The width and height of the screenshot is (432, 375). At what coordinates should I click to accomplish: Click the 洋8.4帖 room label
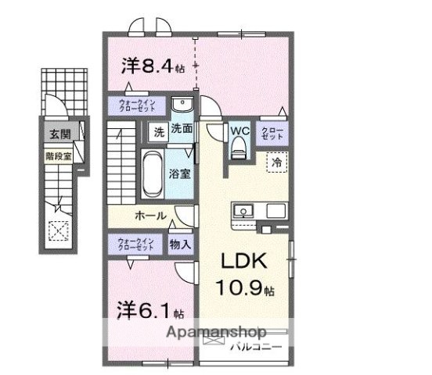(x=153, y=66)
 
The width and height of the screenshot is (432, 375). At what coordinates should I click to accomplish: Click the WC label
(x=239, y=130)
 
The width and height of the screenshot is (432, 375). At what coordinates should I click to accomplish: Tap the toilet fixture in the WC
(x=239, y=147)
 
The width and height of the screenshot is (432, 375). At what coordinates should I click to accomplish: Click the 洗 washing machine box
(x=159, y=132)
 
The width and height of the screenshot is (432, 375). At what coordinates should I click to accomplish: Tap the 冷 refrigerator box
(x=276, y=162)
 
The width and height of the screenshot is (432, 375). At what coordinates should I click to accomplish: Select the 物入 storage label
(x=180, y=244)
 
